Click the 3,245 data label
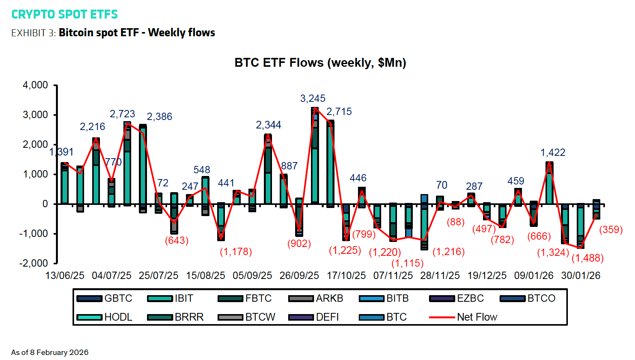(312, 98)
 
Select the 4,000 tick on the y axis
(35, 85)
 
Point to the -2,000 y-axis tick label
(34, 263)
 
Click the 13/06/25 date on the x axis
(65, 275)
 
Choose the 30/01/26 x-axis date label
(581, 275)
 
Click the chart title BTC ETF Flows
(320, 63)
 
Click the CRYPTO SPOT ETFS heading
(64, 14)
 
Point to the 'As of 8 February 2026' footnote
(50, 352)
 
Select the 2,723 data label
(122, 114)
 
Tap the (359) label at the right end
(611, 230)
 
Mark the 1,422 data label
(552, 152)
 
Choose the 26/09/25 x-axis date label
(299, 275)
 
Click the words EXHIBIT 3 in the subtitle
(33, 33)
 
